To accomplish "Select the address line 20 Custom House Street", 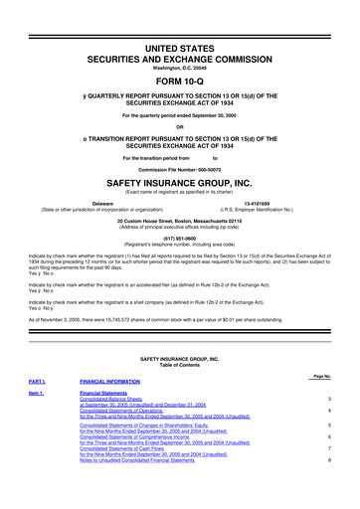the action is (x=180, y=221).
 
